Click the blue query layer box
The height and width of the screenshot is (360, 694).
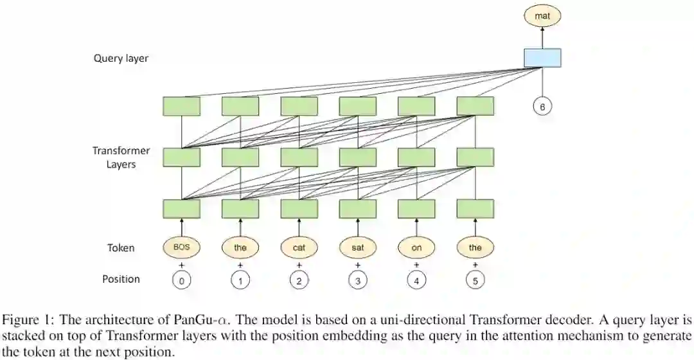click(542, 58)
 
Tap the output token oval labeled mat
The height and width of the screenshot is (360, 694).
click(542, 15)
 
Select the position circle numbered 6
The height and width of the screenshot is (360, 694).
click(542, 107)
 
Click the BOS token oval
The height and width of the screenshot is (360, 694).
click(181, 247)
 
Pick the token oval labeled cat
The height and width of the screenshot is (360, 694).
click(299, 247)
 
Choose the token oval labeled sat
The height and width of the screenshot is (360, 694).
click(357, 247)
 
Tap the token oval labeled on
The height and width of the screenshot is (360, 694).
click(416, 247)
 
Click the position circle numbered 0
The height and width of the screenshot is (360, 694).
click(181, 281)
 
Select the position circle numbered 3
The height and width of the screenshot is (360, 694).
click(357, 281)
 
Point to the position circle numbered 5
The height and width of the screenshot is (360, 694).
click(475, 281)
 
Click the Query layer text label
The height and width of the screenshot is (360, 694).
click(121, 59)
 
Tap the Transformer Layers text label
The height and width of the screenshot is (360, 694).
click(121, 157)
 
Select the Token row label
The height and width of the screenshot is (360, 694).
click(121, 248)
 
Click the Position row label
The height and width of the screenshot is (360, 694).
click(121, 279)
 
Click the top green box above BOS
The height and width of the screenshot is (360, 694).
click(181, 106)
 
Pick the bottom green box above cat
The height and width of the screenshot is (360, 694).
click(299, 208)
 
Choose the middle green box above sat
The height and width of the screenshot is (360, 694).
click(357, 157)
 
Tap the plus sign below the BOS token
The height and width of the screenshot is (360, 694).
click(181, 264)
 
